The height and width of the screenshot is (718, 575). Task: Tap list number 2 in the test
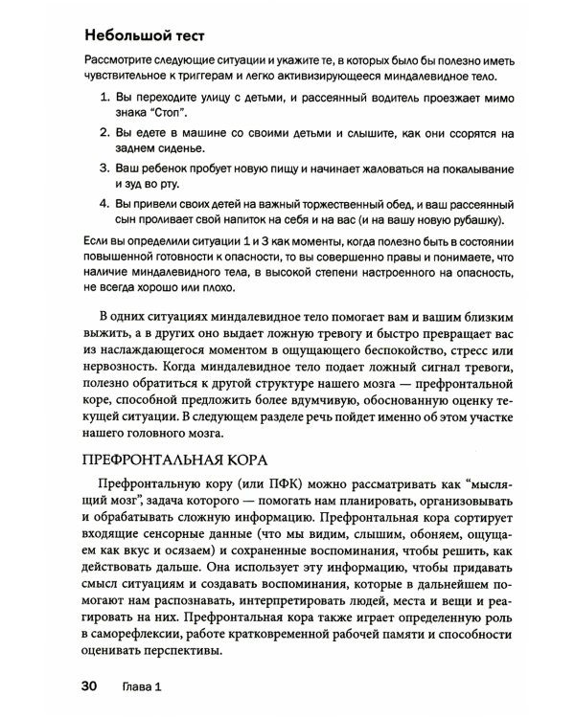(x=103, y=132)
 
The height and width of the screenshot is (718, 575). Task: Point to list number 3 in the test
(x=103, y=168)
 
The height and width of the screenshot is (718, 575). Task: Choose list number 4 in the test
(x=103, y=204)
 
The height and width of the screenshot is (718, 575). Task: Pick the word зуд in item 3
(x=136, y=185)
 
